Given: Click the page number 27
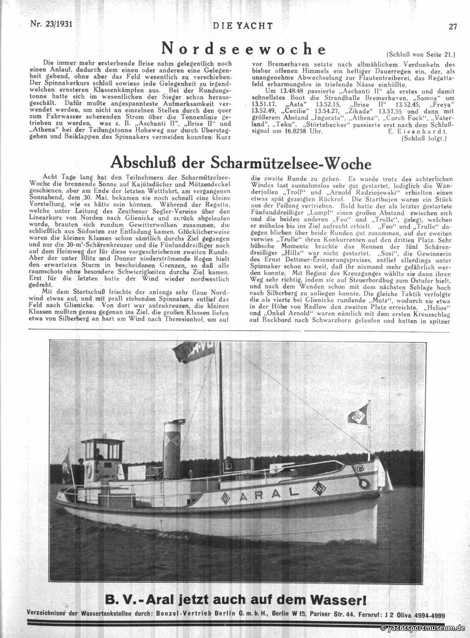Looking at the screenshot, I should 452,26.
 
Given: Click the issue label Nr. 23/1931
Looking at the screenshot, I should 54,25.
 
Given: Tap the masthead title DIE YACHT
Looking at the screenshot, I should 235,25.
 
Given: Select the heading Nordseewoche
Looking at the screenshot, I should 244,48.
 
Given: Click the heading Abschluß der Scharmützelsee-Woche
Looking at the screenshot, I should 241,162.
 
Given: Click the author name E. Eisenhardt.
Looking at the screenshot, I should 422,147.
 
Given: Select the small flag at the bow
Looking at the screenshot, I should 358,414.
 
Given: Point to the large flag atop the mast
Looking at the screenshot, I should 194,351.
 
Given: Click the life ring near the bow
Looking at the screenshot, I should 364,483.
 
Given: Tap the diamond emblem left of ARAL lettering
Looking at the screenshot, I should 225,498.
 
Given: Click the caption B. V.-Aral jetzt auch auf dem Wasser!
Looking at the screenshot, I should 235,600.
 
